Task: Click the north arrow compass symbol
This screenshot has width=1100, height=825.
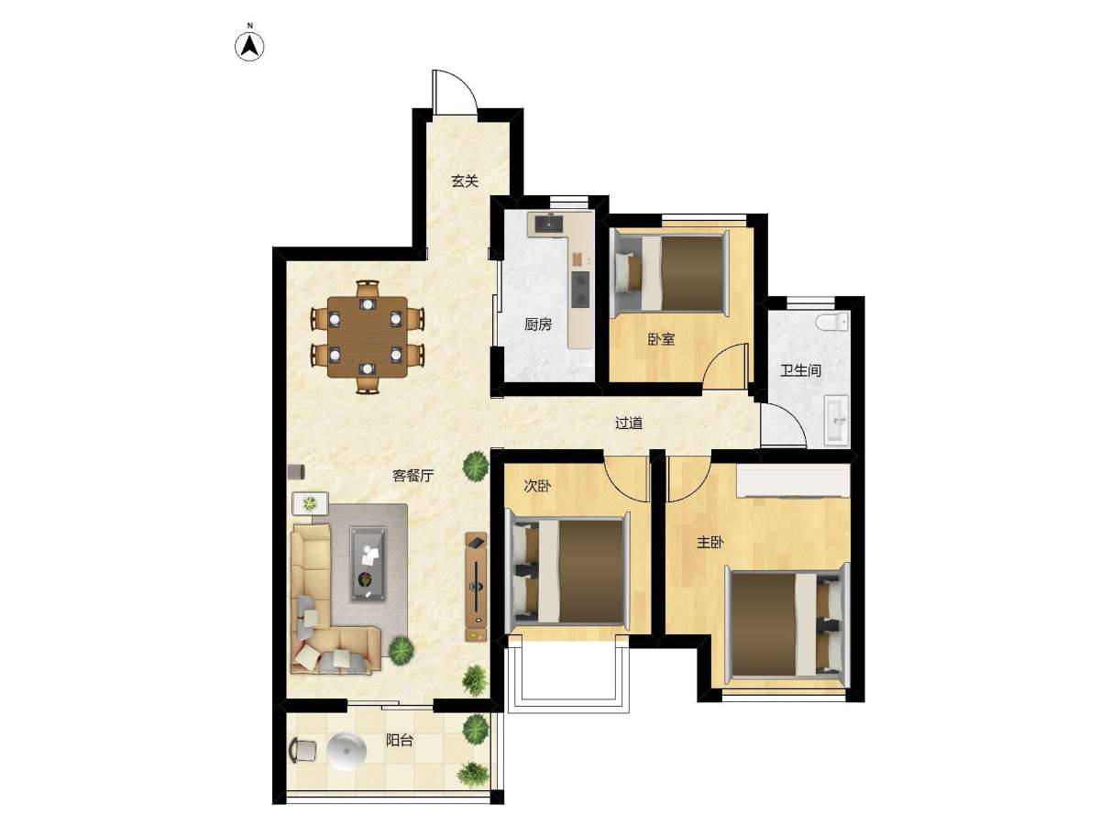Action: point(249,47)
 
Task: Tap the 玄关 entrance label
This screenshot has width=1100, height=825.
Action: point(465,181)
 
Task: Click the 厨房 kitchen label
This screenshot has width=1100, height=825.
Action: point(538,324)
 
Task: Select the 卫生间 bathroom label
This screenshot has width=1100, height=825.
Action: point(801,370)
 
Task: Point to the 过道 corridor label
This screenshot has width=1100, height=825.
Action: point(629,423)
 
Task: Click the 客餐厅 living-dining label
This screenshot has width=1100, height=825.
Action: point(412,476)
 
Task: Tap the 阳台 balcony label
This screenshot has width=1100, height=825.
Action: point(400,740)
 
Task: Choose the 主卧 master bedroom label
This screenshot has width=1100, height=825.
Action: point(710,542)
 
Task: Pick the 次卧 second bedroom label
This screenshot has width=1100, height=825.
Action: point(537,486)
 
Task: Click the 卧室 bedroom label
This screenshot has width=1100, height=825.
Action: point(662,339)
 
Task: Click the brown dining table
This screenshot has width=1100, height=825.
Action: point(368,336)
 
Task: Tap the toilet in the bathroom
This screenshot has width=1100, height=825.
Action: point(832,322)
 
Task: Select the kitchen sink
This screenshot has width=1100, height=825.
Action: point(550,224)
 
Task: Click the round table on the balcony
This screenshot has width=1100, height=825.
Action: point(346,752)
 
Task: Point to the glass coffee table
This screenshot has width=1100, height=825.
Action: point(368,564)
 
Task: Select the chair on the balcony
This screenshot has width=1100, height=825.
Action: point(302,751)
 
